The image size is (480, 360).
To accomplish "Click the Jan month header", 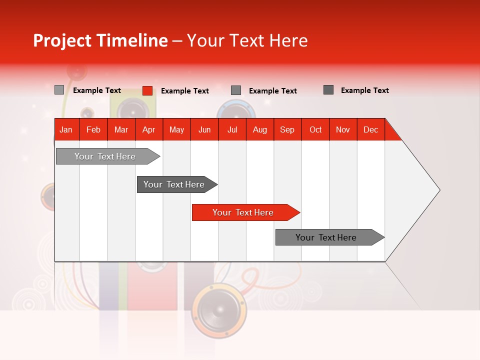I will pos(66,129).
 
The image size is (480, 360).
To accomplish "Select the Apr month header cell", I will pos(148,129).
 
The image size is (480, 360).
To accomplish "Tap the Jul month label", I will pos(232,129).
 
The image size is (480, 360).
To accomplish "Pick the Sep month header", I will pos(287,129).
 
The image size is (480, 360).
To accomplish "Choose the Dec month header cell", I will pos(370,129).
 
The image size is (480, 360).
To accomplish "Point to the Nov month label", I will pos(342,129).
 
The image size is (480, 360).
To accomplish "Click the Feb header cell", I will pos(93,129).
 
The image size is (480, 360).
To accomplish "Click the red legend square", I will pos(147,90).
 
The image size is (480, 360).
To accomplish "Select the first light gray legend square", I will pos(59,90).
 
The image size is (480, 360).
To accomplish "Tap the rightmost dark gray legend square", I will pos(328,90).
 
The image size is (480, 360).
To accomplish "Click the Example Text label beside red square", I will pos(184,91).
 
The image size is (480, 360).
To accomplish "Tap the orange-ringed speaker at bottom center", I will pos(218,310).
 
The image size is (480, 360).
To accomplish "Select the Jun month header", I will pos(204,129).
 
